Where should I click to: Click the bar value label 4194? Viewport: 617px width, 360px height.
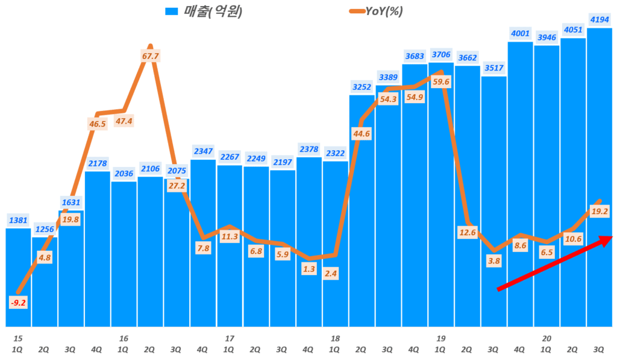tap(599, 19)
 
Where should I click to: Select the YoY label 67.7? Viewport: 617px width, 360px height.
tap(150, 56)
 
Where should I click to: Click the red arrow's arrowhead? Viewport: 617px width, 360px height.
tap(606, 238)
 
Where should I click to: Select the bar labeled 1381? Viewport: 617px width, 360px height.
tap(18, 277)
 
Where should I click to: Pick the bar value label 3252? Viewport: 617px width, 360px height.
tap(362, 87)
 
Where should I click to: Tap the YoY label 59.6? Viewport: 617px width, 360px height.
tap(442, 81)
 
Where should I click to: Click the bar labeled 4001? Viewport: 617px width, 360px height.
tap(520, 181)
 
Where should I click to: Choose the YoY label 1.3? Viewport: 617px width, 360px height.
tap(308, 269)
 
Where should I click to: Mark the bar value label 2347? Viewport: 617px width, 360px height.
tap(202, 151)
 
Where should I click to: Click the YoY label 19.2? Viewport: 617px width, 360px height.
tap(599, 212)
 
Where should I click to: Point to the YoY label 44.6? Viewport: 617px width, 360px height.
tap(361, 134)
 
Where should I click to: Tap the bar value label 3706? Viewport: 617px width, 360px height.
tap(441, 55)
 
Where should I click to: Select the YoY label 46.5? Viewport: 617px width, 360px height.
tap(97, 124)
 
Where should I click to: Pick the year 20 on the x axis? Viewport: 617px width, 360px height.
tap(547, 339)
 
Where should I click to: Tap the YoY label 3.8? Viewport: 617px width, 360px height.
tap(493, 261)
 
